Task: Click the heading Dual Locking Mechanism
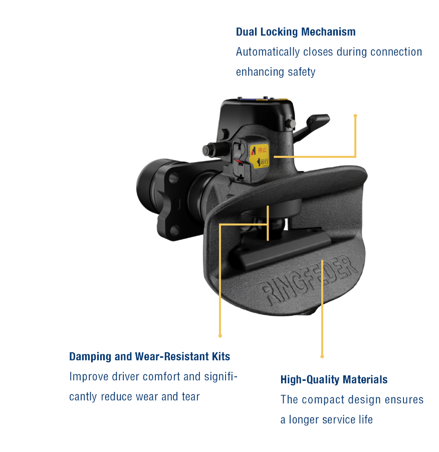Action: click(296, 32)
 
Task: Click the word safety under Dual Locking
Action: click(301, 72)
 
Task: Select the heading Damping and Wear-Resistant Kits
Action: click(149, 357)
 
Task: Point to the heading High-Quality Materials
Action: click(334, 380)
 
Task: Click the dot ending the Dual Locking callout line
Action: click(355, 116)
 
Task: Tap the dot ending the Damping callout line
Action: click(220, 335)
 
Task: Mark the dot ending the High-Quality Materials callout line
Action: click(322, 356)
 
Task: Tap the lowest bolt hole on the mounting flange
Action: click(173, 230)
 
